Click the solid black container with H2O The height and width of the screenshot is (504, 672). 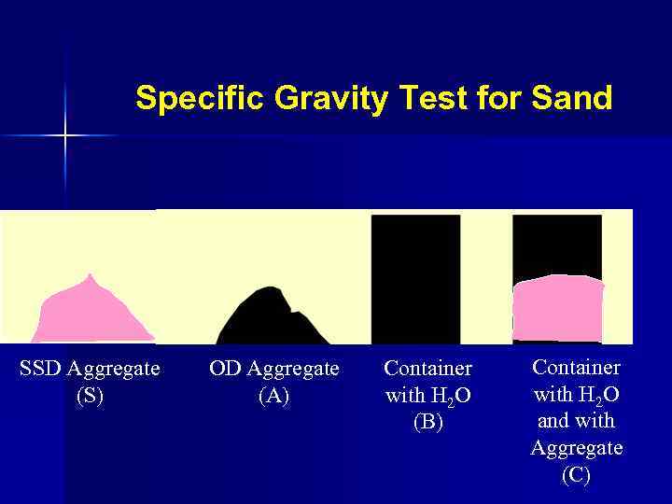pyautogui.click(x=415, y=280)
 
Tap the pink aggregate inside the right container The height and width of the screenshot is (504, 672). pyautogui.click(x=558, y=306)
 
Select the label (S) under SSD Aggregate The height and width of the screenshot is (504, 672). pyautogui.click(x=90, y=396)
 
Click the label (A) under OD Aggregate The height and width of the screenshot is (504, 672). pyautogui.click(x=273, y=396)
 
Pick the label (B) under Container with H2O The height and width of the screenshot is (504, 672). pyautogui.click(x=427, y=423)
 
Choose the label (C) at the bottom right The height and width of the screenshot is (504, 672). pyautogui.click(x=576, y=475)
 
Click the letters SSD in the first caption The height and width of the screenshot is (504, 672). pyautogui.click(x=40, y=369)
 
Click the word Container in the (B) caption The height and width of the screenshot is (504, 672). pyautogui.click(x=427, y=369)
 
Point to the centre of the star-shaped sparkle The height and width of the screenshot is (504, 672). pyautogui.click(x=65, y=136)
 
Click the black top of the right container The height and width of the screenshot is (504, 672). pyautogui.click(x=557, y=243)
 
